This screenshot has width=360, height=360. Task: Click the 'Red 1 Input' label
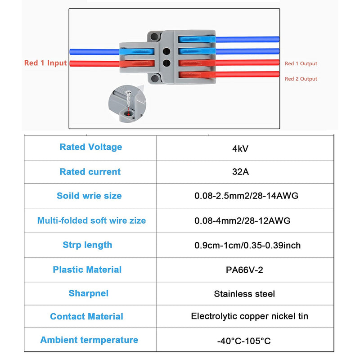[45, 63]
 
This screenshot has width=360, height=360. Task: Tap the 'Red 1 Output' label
[301, 64]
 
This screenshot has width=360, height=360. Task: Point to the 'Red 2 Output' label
[301, 79]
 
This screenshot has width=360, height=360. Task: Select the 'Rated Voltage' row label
[90, 147]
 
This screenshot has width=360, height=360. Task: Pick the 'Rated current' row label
[90, 171]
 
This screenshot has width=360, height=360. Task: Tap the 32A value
[246, 171]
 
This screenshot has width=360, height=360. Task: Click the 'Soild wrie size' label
[89, 196]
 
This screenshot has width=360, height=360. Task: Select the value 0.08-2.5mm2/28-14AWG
[246, 196]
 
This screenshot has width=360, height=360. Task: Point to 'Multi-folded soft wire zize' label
[91, 220]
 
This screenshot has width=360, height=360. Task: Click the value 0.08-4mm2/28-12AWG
[242, 220]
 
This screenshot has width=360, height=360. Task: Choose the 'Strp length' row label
[87, 245]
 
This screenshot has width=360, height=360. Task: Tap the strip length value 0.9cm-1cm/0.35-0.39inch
[247, 245]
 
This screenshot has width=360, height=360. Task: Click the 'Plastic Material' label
[87, 270]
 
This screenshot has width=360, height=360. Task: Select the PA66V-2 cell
[246, 270]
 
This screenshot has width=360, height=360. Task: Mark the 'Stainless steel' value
[244, 294]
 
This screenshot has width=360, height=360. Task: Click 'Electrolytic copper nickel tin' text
[250, 316]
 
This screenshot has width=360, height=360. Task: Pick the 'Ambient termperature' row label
[89, 340]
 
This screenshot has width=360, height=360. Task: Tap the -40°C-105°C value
[245, 340]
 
